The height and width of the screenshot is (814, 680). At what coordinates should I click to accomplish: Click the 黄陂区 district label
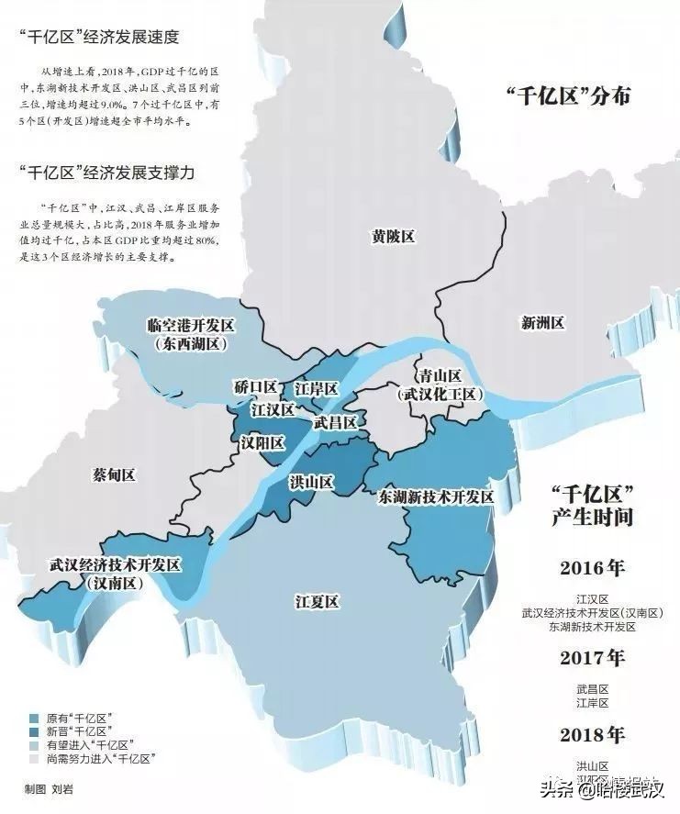[393, 236]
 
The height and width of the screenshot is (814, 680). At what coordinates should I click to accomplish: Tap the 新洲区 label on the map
[542, 322]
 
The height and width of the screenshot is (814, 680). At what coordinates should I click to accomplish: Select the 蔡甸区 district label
[114, 474]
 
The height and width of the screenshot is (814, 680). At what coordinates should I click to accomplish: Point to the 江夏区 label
[318, 601]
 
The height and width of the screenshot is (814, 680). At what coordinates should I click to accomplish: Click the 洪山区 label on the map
[312, 482]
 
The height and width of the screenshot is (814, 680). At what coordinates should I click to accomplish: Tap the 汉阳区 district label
[262, 442]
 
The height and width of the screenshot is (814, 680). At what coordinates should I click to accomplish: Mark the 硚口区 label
[255, 386]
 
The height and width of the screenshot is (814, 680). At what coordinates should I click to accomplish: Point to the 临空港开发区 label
[192, 326]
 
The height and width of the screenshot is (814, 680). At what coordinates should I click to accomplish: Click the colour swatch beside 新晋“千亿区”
[34, 731]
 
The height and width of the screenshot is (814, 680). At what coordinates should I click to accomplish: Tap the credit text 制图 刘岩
[49, 788]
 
